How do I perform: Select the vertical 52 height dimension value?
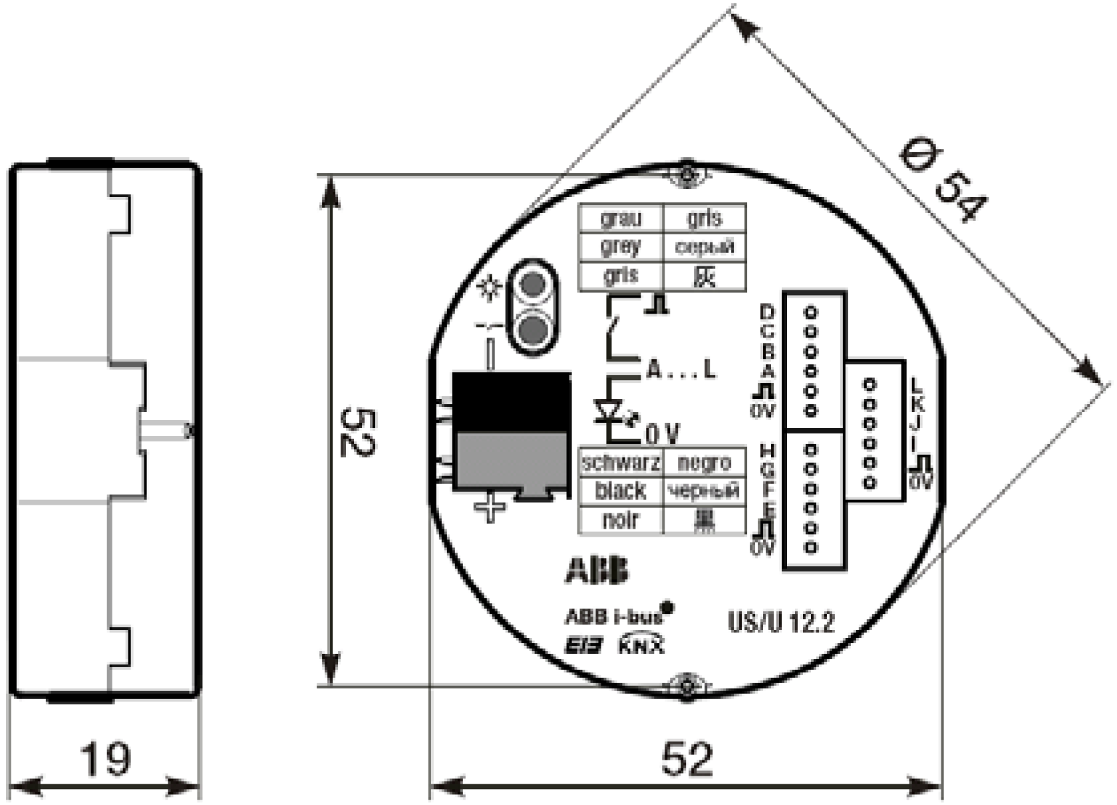pos(358,432)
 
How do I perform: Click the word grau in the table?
pos(620,218)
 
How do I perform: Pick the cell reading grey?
pos(620,247)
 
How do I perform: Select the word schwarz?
pos(621,463)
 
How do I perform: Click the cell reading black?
pos(620,491)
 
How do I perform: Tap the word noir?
pos(620,520)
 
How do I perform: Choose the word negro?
pos(704,463)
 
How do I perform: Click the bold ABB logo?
pos(597,571)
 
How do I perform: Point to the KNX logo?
pos(641,645)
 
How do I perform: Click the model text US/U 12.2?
pos(781,623)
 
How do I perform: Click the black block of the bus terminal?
pos(511,402)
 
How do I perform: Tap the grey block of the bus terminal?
pos(511,461)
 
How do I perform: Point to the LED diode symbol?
pos(607,411)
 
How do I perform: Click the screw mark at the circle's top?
pos(687,175)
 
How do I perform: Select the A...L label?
pos(681,370)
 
